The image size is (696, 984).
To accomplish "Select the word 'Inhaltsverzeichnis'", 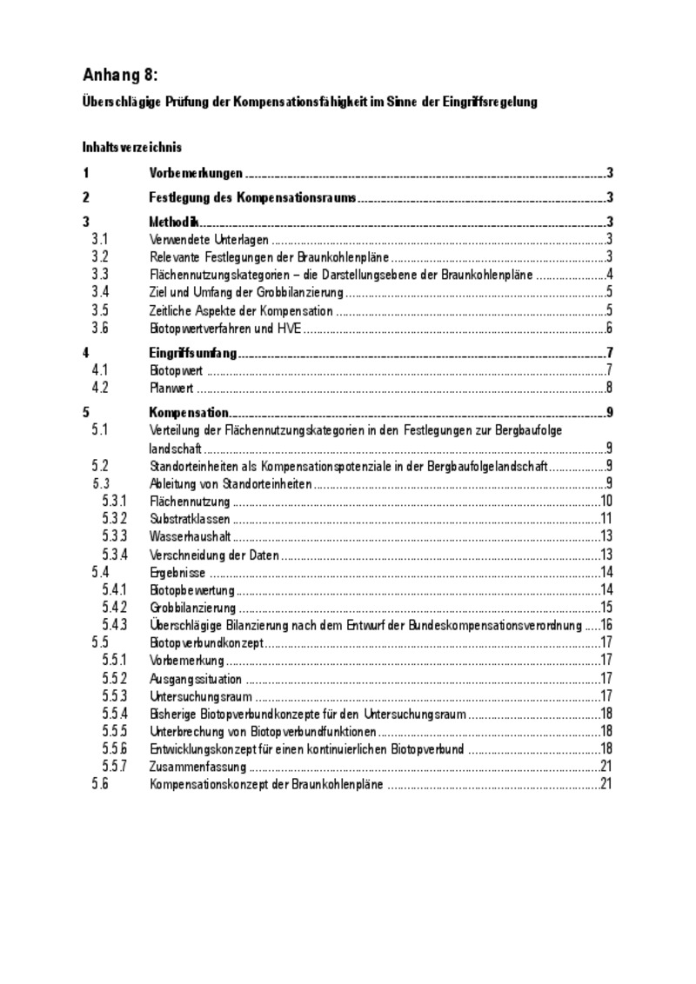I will point(132,147).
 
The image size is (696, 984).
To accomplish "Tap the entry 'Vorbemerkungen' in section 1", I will point(196,173).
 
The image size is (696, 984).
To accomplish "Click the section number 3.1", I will point(100,239).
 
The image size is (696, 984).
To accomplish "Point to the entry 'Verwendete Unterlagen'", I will point(209,239).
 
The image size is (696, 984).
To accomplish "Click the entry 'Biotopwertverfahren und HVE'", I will point(225,328).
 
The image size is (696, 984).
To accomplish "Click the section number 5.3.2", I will point(115,518).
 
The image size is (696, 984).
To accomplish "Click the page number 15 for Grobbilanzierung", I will point(607,607).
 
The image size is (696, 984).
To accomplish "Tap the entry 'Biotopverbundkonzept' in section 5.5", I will point(206,642).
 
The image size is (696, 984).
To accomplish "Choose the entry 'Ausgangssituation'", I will point(196,678).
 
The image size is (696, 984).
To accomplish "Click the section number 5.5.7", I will point(115,767).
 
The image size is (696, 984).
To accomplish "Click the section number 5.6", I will point(100,785).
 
